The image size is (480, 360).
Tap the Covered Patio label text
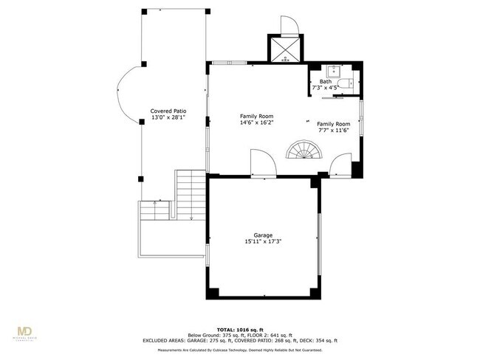[x=168, y=110]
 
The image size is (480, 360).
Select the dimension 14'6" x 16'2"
[x=256, y=123]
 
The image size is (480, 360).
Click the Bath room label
[x=326, y=82]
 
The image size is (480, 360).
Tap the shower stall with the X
[x=284, y=49]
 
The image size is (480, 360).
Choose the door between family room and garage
[x=261, y=164]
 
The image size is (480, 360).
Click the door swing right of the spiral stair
[x=341, y=165]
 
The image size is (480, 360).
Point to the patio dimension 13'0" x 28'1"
[x=168, y=117]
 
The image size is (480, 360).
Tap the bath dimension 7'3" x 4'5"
[x=326, y=89]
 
